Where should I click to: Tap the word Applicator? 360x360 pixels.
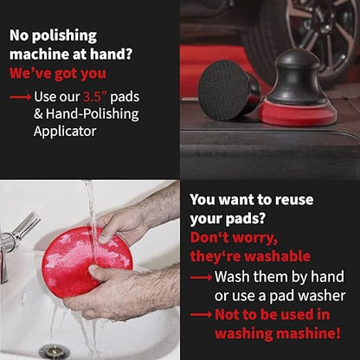click(x=65, y=132)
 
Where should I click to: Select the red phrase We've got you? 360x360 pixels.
click(x=58, y=74)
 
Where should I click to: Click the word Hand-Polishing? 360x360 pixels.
click(x=93, y=113)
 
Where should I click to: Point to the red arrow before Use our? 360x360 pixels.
click(x=20, y=98)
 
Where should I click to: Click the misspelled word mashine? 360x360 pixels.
click(x=308, y=333)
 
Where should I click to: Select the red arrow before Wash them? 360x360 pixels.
click(x=201, y=278)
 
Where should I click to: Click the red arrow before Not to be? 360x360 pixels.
click(x=201, y=315)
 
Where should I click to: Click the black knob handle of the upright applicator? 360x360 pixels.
click(x=296, y=76)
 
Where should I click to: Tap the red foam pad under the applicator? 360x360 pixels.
click(x=297, y=113)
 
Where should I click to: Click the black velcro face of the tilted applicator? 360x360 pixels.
click(x=224, y=90)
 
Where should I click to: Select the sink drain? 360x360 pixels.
click(x=55, y=351)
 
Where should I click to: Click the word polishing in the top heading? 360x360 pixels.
click(x=64, y=36)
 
